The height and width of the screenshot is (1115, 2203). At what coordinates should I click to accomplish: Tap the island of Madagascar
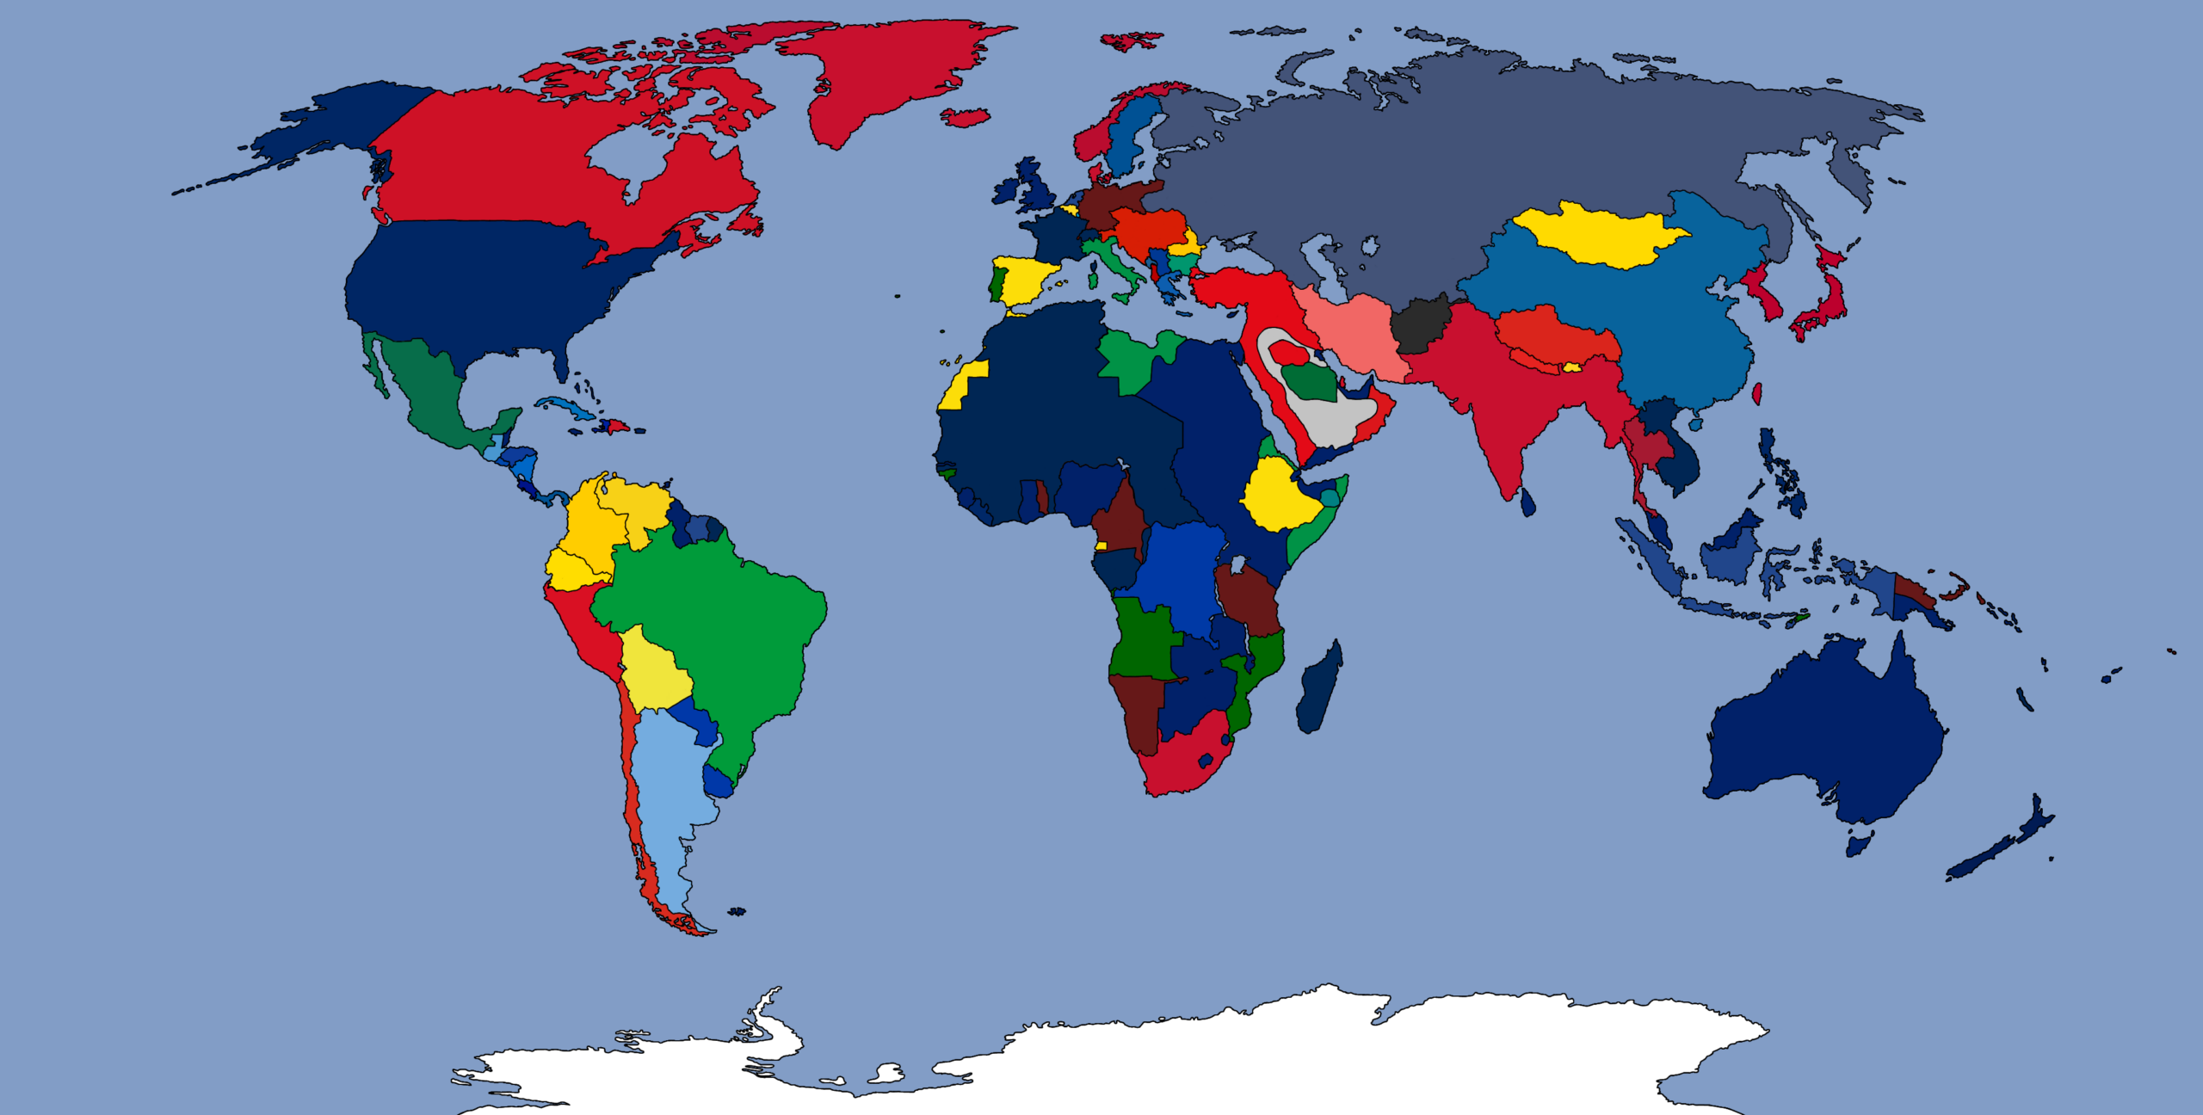pyautogui.click(x=1317, y=689)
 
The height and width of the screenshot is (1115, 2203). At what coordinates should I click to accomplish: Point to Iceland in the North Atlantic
pyautogui.click(x=965, y=117)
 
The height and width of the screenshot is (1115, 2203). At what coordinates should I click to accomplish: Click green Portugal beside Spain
pyautogui.click(x=997, y=284)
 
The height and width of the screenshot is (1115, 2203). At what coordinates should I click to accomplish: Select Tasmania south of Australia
pyautogui.click(x=1858, y=842)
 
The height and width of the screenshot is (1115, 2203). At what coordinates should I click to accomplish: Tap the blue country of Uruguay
pyautogui.click(x=718, y=781)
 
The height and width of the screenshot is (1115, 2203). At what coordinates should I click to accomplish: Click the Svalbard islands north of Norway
pyautogui.click(x=1129, y=40)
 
